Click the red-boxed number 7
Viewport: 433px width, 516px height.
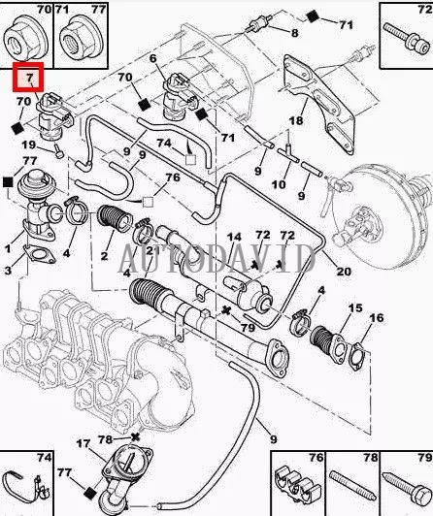30,78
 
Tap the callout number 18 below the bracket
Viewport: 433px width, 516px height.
296,120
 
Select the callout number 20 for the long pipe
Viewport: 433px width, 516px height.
344,272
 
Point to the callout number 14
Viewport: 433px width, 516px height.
233,238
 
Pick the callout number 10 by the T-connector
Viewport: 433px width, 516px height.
280,183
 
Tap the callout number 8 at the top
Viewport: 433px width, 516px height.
294,33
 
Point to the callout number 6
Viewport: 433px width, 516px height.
152,60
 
